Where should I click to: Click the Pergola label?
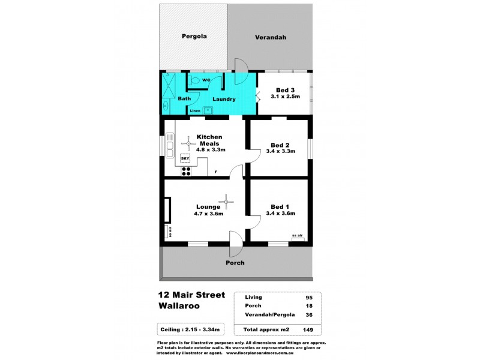[194, 36]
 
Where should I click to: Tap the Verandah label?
[270, 37]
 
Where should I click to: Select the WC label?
[205, 80]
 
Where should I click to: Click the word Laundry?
[223, 99]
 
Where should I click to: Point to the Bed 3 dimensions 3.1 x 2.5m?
[284, 97]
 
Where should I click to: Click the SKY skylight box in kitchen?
[185, 158]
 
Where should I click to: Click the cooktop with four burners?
[186, 170]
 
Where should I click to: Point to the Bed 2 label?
[280, 145]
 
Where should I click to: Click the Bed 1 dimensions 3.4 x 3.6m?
[280, 214]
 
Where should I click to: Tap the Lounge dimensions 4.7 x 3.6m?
[208, 214]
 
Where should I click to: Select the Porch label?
[235, 263]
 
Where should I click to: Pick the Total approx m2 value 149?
[307, 329]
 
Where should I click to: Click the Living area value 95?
[309, 297]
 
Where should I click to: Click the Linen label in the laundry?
[195, 111]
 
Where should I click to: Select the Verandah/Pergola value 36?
[309, 315]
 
